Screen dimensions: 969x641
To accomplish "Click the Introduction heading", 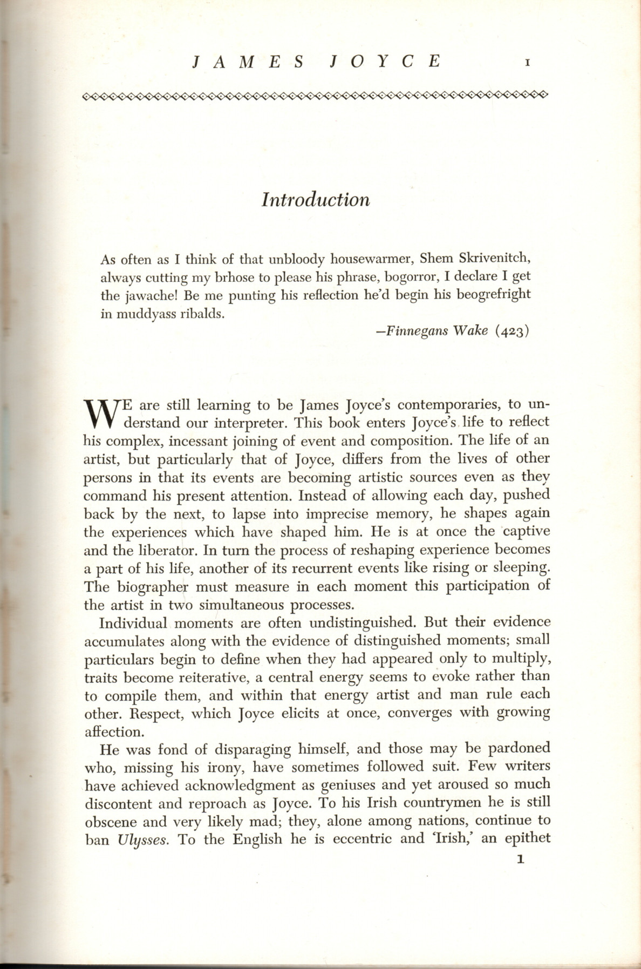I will coord(316,200).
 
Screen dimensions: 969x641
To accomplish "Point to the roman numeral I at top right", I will coord(528,63).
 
